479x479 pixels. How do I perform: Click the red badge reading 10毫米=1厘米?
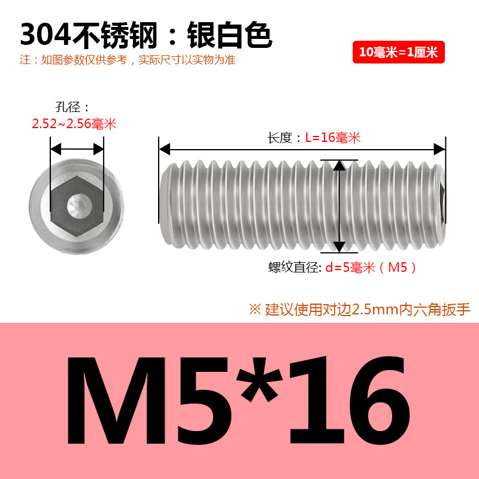pyautogui.click(x=398, y=52)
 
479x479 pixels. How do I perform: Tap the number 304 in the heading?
pyautogui.click(x=46, y=35)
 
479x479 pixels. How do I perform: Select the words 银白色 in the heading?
pyautogui.click(x=229, y=35)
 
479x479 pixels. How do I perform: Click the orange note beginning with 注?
pyautogui.click(x=128, y=59)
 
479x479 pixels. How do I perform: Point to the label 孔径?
pyautogui.click(x=68, y=107)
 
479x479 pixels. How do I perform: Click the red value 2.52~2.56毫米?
pyautogui.click(x=74, y=124)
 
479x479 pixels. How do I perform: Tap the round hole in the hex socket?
pyautogui.click(x=79, y=206)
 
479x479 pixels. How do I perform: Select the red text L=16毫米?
pyautogui.click(x=333, y=138)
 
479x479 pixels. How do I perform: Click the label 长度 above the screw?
pyautogui.click(x=280, y=138)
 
